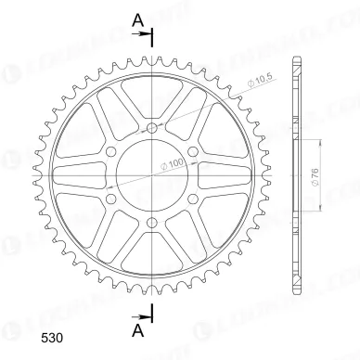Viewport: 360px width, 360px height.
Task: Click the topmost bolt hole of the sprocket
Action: pyautogui.click(x=151, y=122)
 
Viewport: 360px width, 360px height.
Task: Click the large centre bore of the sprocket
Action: pyautogui.click(x=151, y=172)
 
